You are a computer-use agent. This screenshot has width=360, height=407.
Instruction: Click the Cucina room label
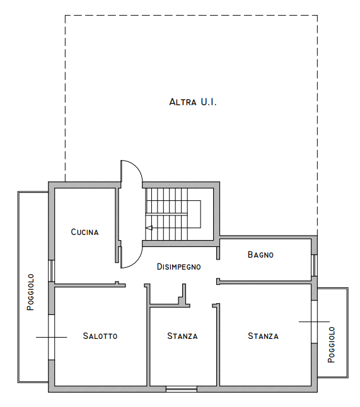point(84,232)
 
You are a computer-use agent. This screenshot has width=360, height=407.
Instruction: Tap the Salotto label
point(100,336)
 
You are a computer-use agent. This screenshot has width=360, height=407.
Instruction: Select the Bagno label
point(260,255)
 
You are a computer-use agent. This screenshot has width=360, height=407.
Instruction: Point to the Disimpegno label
point(179,267)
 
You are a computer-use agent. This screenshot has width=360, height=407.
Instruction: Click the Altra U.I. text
point(193,102)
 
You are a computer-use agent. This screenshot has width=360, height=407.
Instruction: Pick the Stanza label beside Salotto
point(182,336)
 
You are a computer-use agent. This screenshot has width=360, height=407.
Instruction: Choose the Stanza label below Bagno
point(263,336)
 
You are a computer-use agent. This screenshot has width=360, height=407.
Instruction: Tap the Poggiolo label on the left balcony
point(31,292)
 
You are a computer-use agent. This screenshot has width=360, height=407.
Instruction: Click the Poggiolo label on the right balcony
point(331,345)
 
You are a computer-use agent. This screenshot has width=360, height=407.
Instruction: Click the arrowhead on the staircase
point(149,228)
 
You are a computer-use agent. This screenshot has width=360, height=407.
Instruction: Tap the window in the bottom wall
point(182,389)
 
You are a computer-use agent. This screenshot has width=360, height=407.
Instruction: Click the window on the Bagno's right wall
point(314,265)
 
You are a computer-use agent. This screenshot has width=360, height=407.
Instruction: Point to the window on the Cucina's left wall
point(52,271)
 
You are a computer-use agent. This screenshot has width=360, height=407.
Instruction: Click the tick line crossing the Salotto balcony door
point(52,337)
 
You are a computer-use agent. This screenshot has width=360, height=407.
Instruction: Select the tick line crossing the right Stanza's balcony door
point(314,321)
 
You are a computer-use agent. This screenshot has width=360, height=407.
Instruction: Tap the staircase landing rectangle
point(194,214)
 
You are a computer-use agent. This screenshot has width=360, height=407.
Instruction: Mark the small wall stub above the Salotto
point(117,283)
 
